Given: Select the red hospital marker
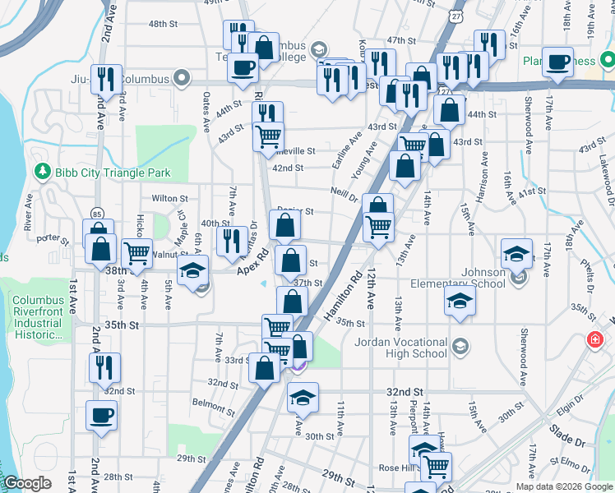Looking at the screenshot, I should click(594, 339).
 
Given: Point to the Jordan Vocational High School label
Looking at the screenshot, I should click(400, 348).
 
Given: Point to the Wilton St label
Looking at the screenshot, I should click(170, 199).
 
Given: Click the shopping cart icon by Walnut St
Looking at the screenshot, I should click(136, 254).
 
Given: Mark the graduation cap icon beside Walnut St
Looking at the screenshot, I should click(192, 271).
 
